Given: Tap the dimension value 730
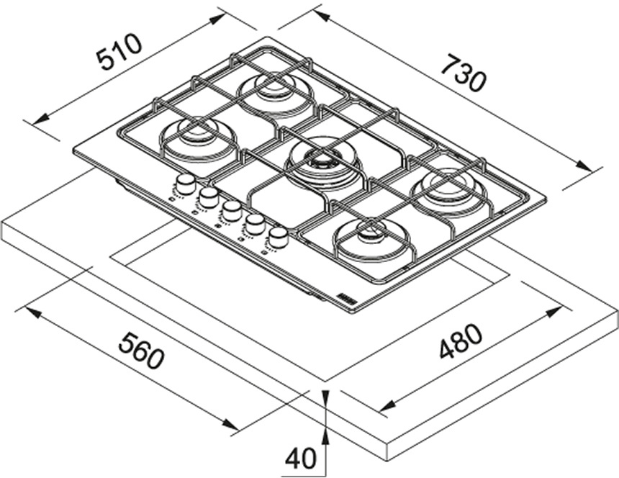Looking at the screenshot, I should click(x=463, y=73).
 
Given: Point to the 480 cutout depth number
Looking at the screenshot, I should click(x=460, y=342).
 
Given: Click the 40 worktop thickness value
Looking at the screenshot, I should click(x=300, y=458).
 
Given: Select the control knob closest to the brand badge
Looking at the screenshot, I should click(x=278, y=237).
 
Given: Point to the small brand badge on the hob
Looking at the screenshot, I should click(x=345, y=297).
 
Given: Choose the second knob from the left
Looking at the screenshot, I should click(x=209, y=197).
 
